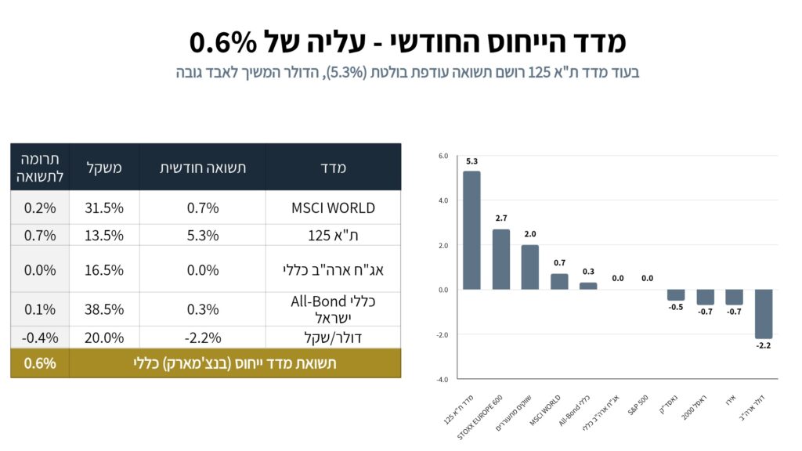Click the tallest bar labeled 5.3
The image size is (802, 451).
(471, 230)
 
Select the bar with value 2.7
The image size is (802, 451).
(501, 259)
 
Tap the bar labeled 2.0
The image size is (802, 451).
(530, 267)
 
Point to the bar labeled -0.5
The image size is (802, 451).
(676, 295)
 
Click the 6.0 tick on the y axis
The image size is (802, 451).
(443, 156)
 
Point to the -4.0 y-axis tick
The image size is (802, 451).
(442, 380)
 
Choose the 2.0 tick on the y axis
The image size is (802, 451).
(443, 245)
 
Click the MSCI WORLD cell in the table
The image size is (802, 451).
(333, 207)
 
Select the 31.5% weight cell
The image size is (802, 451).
(104, 207)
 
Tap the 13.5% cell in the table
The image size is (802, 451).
(104, 235)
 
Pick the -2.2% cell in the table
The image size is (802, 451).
(202, 337)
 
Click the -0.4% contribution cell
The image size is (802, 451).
(40, 337)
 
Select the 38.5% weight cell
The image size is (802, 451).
(104, 308)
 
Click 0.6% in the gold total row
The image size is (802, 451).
(40, 363)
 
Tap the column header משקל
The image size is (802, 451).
(104, 167)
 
